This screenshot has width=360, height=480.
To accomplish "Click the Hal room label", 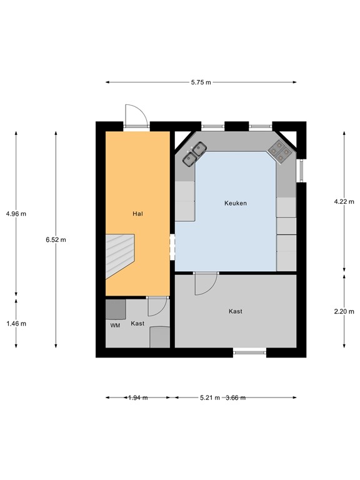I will pos(138,214).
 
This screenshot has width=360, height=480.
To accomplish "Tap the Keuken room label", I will pos(236,203).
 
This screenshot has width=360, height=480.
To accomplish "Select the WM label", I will pos(115,325).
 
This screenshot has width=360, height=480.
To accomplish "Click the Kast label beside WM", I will pos(137,323).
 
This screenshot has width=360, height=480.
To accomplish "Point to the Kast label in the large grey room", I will pos(236,311).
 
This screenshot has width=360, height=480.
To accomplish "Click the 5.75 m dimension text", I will pos(201,82).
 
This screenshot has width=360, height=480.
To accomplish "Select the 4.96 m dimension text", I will pos(16,214).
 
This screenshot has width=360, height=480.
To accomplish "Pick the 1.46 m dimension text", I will pos(16,324).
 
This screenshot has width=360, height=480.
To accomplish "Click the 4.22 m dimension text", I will pos(344,201).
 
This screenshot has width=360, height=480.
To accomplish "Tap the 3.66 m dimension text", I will pos(235,397).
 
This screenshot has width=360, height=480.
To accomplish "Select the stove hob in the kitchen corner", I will pos(279,149).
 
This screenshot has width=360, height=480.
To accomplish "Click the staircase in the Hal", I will pos(120,255).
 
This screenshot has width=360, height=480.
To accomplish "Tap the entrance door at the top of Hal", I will pos(136,117).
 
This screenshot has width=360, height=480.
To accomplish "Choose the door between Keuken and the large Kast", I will pos(205,283).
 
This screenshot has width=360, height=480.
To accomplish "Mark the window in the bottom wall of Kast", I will pos(250,352).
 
